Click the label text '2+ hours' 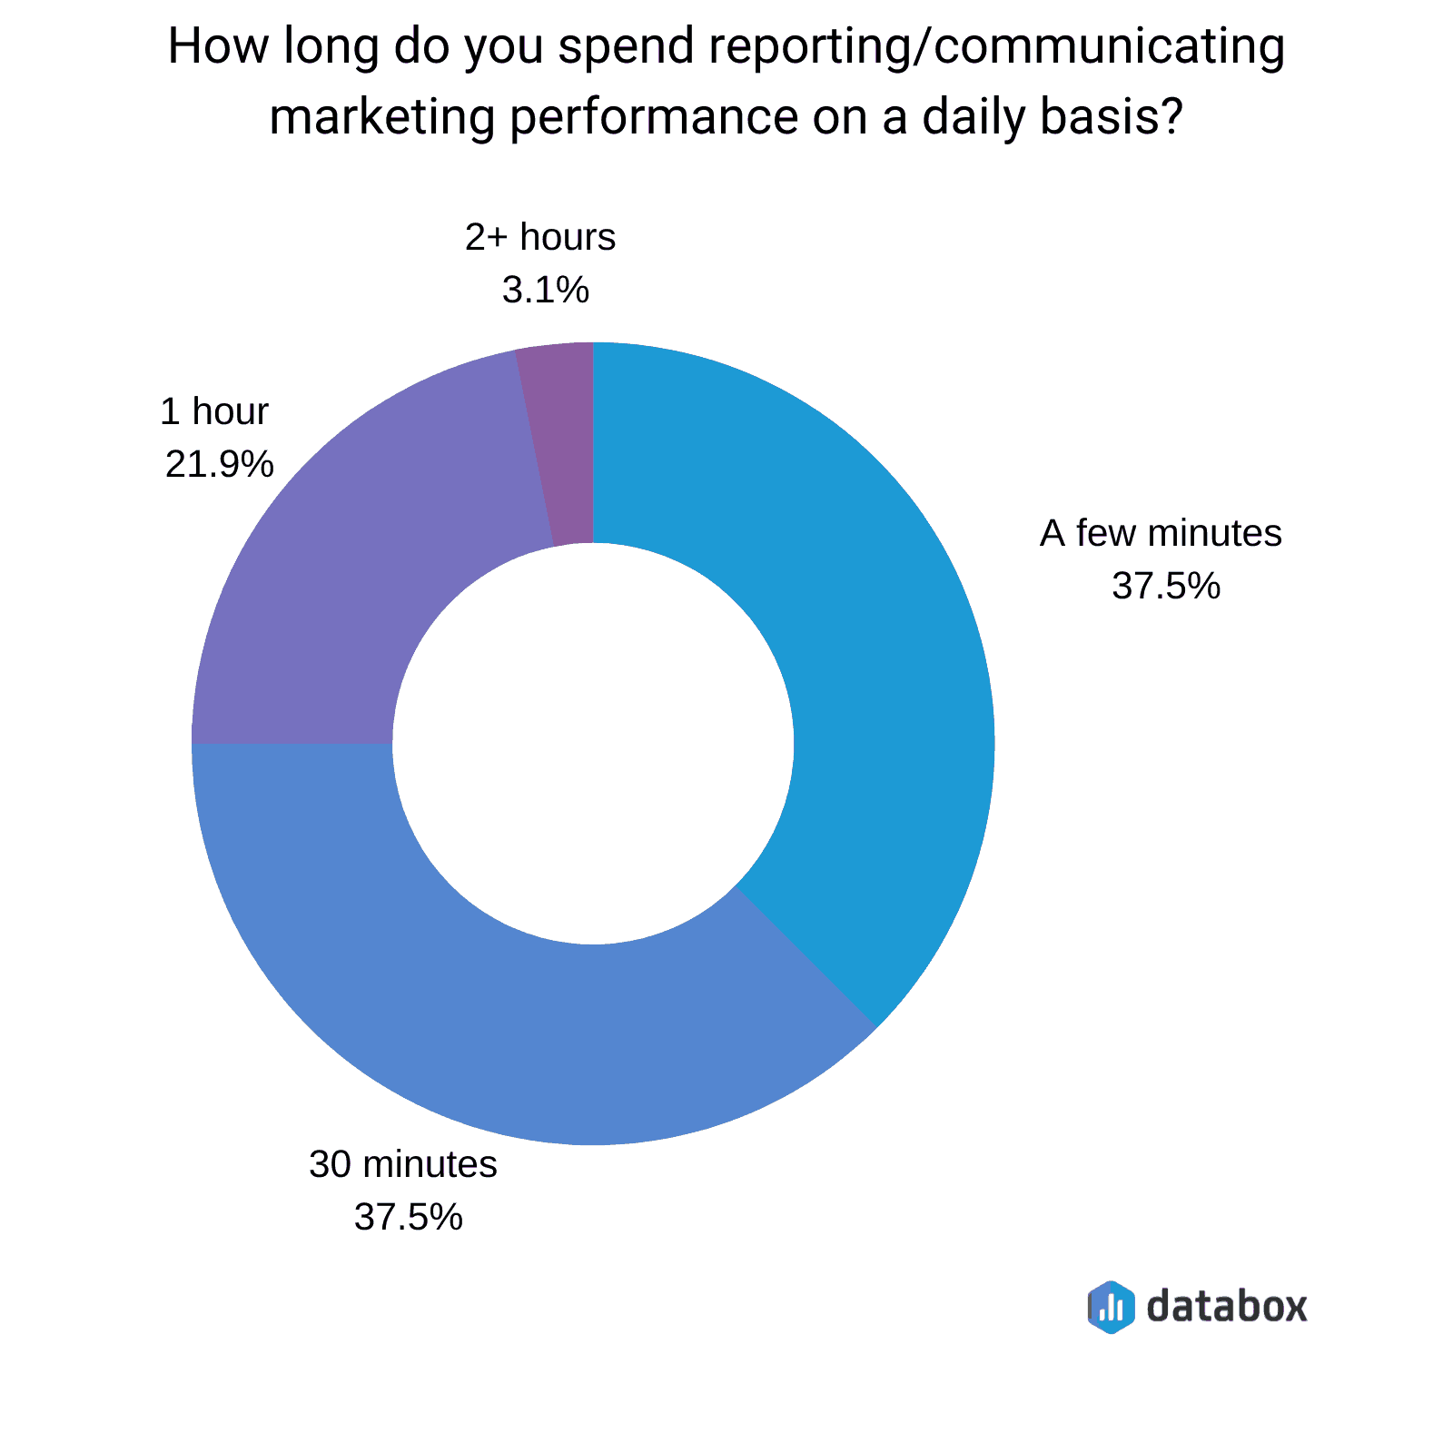coord(540,237)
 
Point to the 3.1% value coord(546,291)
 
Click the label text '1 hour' coord(214,411)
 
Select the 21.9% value coord(219,465)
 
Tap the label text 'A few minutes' coord(1161,533)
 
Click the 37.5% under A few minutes coord(1166,587)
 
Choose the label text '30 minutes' coord(403,1163)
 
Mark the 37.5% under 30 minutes coord(408,1217)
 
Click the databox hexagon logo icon coord(1111,1307)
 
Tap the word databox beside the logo coord(1227,1306)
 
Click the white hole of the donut coord(593,744)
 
